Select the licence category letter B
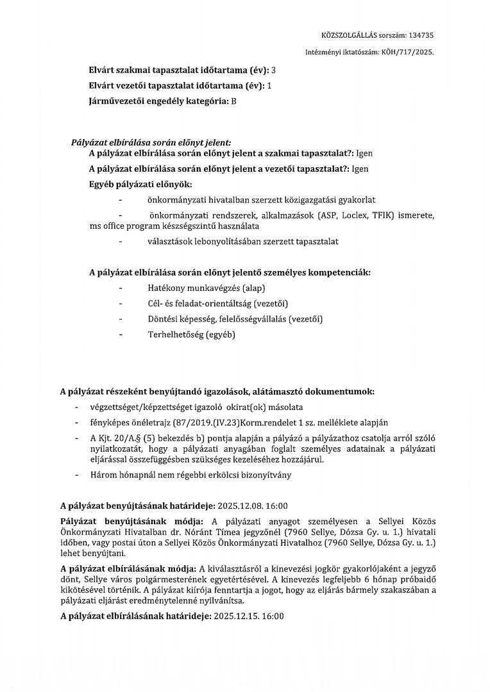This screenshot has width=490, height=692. [233, 101]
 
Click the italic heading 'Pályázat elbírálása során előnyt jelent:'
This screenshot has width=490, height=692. [151, 142]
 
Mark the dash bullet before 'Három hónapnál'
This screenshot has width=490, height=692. [77, 475]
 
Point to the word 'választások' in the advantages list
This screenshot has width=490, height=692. [169, 241]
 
